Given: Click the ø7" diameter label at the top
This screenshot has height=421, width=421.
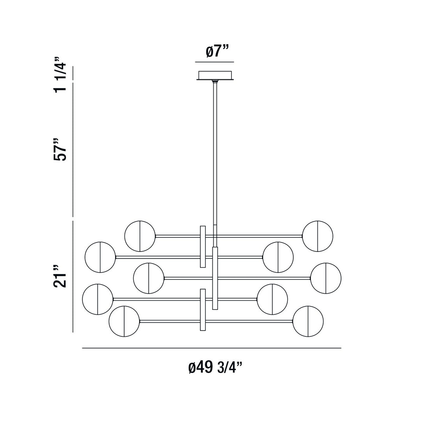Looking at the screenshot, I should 217,51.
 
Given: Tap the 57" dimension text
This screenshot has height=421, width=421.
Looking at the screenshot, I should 60,149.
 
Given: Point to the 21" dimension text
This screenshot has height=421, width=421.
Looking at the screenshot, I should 60,276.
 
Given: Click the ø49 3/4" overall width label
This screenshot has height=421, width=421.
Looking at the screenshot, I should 215,367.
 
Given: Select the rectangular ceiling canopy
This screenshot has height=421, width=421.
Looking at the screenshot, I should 215,75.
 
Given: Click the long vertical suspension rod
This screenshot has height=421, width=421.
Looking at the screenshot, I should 215,156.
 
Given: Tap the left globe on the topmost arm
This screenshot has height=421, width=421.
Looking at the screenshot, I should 140,236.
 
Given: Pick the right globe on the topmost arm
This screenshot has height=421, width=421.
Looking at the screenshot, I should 318,236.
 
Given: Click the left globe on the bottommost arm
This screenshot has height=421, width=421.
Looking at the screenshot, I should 124,321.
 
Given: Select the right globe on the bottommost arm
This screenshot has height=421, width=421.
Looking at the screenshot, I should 308,321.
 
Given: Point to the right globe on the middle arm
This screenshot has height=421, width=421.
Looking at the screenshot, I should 326,278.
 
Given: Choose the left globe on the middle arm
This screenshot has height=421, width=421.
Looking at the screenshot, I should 149,278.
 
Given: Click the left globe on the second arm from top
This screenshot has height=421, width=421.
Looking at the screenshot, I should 100,257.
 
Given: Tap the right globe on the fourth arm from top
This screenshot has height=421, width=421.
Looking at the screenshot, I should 272,299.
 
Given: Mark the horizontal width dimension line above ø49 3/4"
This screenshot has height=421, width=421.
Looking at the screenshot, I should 212,348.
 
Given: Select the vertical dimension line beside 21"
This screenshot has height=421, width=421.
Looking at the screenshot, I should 73,277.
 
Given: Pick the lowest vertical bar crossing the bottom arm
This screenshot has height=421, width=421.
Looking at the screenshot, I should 203,310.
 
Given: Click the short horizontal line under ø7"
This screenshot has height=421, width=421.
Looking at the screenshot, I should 214,62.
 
